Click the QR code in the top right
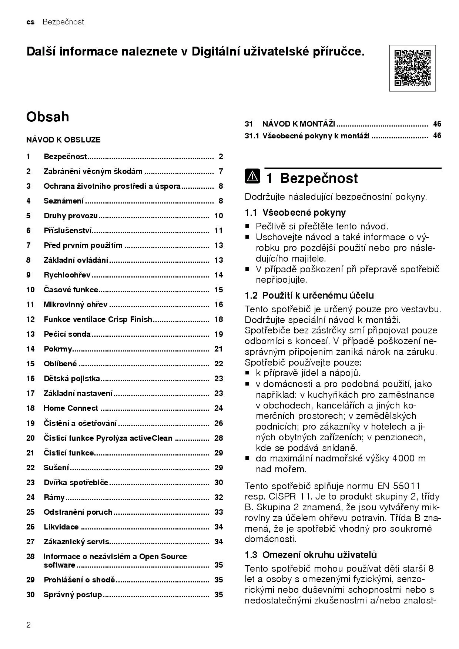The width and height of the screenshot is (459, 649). pos(412,68)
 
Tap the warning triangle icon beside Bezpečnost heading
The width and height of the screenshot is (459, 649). pos(252,176)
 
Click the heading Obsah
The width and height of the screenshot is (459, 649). pos(48,117)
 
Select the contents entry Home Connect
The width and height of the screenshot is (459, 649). pos(71,408)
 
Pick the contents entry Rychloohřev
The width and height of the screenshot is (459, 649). pos(67,275)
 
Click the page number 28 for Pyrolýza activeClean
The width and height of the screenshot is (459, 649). pos(218,438)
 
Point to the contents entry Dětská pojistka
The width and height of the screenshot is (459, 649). pos(72,379)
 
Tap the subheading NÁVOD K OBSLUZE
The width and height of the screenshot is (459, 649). pos(63,140)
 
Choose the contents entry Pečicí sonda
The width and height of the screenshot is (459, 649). pos(67,334)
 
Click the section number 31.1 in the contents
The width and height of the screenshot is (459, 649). pos(252,136)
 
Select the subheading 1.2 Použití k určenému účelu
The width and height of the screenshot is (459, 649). pos(309,295)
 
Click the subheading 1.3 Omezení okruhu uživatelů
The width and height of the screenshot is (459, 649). pos(311,555)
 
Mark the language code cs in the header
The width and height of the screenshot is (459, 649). pos(30,22)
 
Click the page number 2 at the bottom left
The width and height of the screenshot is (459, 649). pos(29,625)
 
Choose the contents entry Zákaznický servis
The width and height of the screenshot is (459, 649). pos(76,542)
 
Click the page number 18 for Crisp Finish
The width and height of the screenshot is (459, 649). pos(218,319)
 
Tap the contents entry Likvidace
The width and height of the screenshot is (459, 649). pos(61,527)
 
